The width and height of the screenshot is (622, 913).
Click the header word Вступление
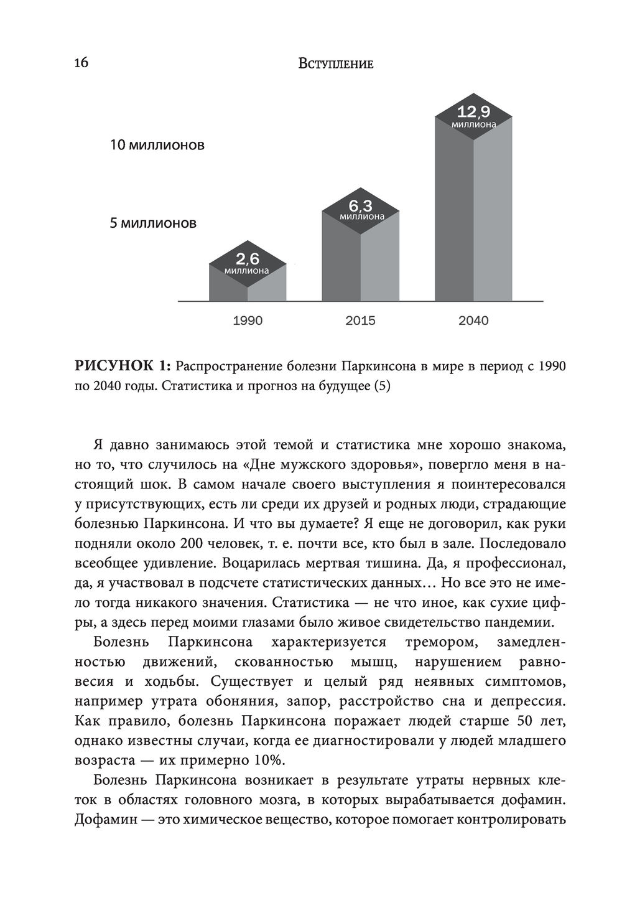(x=335, y=63)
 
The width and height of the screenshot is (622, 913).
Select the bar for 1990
(x=248, y=283)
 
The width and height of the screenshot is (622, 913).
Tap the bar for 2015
(x=361, y=258)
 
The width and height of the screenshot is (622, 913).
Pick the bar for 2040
(x=473, y=212)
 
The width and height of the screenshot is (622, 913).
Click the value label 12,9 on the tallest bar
(x=474, y=112)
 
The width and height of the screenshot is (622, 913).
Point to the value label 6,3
(x=361, y=205)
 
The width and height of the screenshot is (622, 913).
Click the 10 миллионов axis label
(x=157, y=146)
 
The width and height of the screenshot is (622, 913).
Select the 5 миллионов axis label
(x=153, y=223)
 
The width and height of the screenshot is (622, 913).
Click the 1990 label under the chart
(x=248, y=321)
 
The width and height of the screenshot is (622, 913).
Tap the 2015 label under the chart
(x=361, y=321)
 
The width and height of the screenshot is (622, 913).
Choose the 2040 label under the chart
(x=473, y=321)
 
